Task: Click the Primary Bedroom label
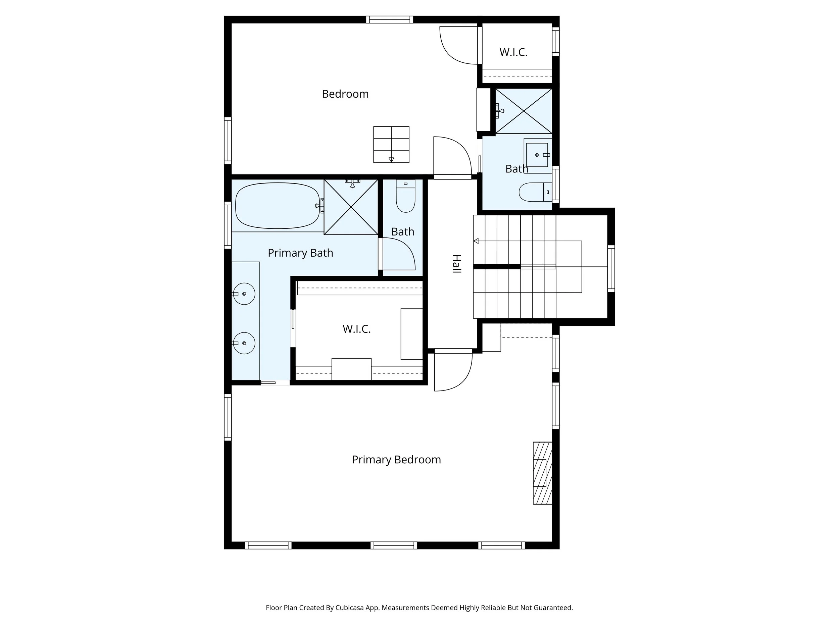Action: (396, 460)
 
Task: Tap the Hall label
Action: (457, 264)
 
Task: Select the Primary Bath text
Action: (300, 253)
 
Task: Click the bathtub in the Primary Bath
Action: (278, 206)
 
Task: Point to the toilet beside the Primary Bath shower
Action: (405, 196)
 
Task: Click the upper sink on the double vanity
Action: (244, 294)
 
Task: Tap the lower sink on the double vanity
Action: (244, 343)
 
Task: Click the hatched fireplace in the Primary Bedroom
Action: (542, 473)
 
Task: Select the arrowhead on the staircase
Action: (476, 241)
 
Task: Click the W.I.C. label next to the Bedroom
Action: (513, 52)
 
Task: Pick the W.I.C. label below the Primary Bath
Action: (356, 329)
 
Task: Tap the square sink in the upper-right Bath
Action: (537, 155)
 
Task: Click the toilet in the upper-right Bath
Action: (535, 192)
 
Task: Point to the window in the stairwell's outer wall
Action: (611, 268)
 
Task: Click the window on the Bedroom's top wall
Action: (390, 19)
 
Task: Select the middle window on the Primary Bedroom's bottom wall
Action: (394, 545)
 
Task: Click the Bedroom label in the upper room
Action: (345, 94)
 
